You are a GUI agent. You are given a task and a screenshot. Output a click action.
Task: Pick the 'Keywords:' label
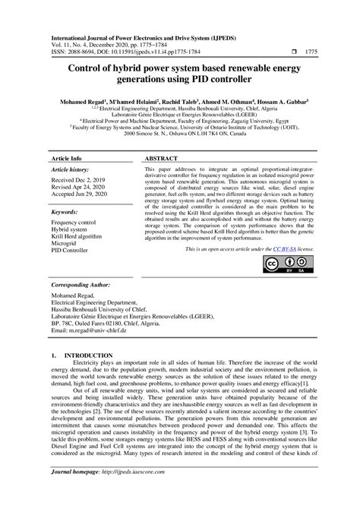pyautogui.click(x=66, y=213)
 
